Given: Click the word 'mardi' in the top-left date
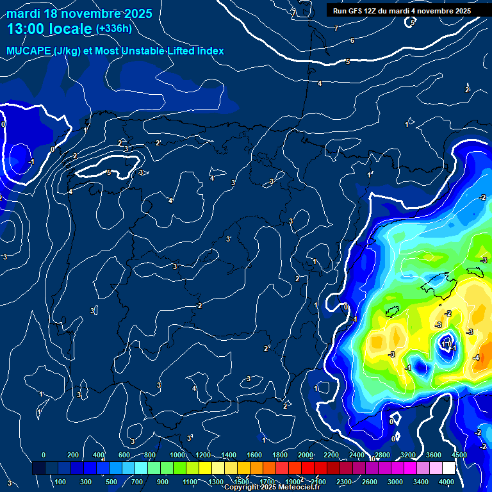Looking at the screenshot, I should [24, 13].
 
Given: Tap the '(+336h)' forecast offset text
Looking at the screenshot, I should [114, 29].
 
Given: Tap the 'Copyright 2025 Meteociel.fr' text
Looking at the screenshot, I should [272, 488].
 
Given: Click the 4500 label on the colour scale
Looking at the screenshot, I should [459, 455].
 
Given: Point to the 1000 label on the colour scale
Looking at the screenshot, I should [177, 455].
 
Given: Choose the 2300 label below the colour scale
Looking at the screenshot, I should [343, 482].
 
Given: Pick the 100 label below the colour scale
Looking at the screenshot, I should [60, 482].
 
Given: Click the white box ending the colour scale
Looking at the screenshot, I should [452, 468].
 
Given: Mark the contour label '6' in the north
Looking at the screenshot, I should [352, 40].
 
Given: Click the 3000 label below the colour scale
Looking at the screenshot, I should [395, 482].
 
